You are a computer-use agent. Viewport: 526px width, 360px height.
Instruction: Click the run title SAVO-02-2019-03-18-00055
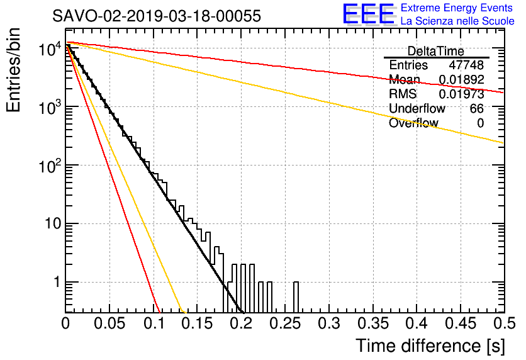tap(157, 16)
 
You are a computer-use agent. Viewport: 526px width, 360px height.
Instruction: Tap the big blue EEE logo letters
tap(368, 14)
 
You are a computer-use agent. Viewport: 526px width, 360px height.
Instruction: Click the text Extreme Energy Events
tap(457, 8)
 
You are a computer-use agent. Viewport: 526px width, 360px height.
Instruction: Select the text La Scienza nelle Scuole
tap(457, 21)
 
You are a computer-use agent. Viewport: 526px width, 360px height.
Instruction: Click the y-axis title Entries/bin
tap(13, 70)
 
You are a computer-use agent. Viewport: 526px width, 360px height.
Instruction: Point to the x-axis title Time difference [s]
tap(430, 346)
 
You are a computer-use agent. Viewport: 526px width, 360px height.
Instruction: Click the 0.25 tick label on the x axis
tap(285, 323)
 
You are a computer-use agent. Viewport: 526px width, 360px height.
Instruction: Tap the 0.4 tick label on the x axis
tap(417, 323)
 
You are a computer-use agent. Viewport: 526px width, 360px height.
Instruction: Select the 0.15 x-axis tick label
tap(198, 323)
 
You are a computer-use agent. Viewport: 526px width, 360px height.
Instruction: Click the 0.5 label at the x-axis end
tap(504, 323)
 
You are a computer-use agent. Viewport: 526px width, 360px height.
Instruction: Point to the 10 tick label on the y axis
tap(53, 223)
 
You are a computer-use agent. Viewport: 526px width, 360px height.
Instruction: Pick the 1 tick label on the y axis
tap(57, 282)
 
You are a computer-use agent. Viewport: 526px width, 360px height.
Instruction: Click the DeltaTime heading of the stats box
tap(436, 52)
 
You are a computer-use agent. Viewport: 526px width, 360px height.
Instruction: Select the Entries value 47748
tap(466, 65)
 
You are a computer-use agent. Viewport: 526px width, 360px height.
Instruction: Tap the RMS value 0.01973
tap(461, 94)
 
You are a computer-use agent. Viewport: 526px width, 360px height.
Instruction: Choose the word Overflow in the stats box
tap(413, 123)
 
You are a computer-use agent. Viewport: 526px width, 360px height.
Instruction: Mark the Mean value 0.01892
tap(461, 79)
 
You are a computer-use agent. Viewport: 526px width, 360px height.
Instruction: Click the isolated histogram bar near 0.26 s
tap(296, 297)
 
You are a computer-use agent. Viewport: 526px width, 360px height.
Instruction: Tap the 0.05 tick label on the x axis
tap(109, 323)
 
